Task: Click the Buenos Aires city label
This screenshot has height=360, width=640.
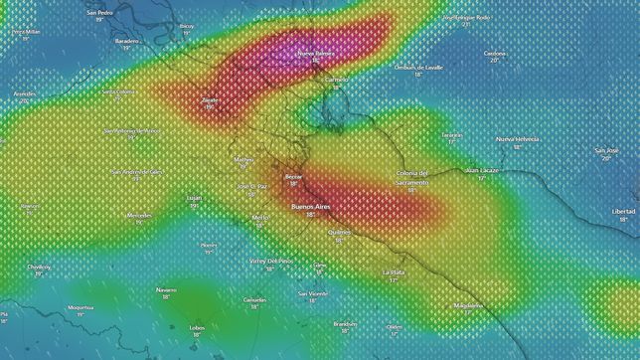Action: (310, 206)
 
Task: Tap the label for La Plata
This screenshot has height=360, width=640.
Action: (394, 271)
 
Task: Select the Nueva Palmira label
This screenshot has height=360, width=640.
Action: (316, 53)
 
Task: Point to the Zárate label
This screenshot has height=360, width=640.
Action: (210, 99)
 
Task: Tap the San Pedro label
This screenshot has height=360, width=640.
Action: (99, 13)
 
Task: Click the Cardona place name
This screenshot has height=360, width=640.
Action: (495, 53)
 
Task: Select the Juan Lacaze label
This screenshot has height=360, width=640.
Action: (482, 170)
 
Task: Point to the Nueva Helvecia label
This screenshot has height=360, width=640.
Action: (518, 138)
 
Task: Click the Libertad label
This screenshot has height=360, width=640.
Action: (623, 211)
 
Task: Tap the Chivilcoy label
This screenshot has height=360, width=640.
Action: (39, 267)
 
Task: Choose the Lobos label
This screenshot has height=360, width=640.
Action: (197, 326)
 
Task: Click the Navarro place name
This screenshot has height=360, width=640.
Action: (166, 289)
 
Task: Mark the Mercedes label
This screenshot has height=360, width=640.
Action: (139, 215)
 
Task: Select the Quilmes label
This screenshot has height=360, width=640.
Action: (338, 232)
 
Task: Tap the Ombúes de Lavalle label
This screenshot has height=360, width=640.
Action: (418, 67)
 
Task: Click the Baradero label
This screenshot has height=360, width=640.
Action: (126, 41)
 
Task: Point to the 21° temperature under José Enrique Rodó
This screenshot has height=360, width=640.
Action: (467, 24)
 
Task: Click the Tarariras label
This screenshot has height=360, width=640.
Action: (452, 133)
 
